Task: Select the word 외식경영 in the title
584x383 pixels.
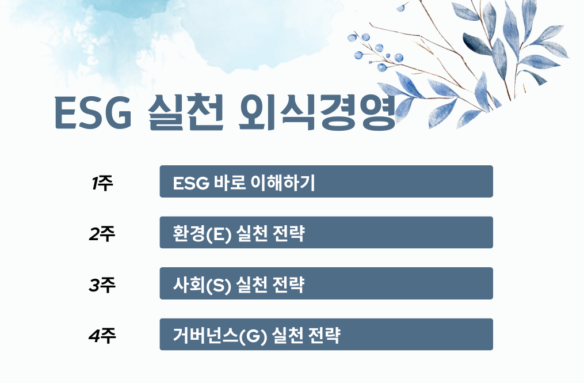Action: point(317,112)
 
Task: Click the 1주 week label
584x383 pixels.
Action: point(102,184)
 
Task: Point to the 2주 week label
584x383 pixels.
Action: point(102,234)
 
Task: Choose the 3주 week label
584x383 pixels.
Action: point(102,285)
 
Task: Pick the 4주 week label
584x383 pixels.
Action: point(102,335)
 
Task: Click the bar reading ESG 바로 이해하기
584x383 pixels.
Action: point(326,181)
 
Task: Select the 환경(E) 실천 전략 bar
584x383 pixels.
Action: point(326,233)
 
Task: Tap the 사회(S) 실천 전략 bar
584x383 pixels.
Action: point(326,283)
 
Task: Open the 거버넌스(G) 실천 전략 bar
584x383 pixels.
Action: point(326,334)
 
